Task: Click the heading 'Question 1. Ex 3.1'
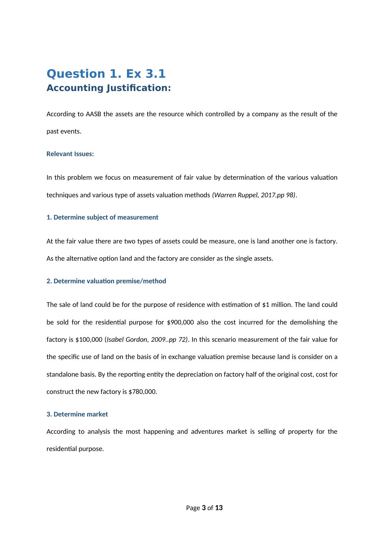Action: [106, 74]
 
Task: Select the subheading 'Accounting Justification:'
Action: [109, 88]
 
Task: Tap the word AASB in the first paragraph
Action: [93, 114]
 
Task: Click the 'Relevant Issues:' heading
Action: [70, 154]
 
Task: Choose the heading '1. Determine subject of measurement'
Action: [102, 218]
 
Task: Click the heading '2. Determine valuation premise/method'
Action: [106, 281]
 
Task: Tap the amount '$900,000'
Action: [180, 322]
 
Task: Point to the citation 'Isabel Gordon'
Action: [127, 340]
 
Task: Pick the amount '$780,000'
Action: [142, 392]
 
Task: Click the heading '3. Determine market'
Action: [77, 414]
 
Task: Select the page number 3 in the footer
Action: [203, 508]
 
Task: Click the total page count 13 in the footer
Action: [219, 508]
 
